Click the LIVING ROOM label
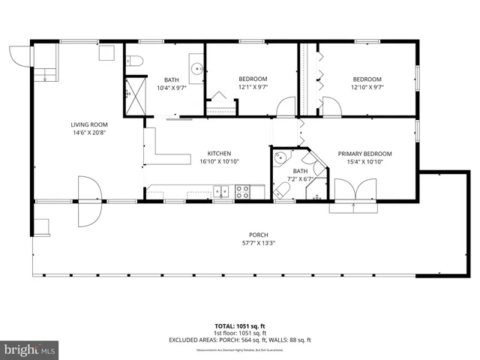89,124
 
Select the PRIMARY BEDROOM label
364,152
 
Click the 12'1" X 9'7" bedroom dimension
253,87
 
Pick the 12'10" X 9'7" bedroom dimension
367,87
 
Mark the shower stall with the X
132,95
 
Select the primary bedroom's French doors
351,193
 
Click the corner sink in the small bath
280,158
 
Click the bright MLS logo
30,349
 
